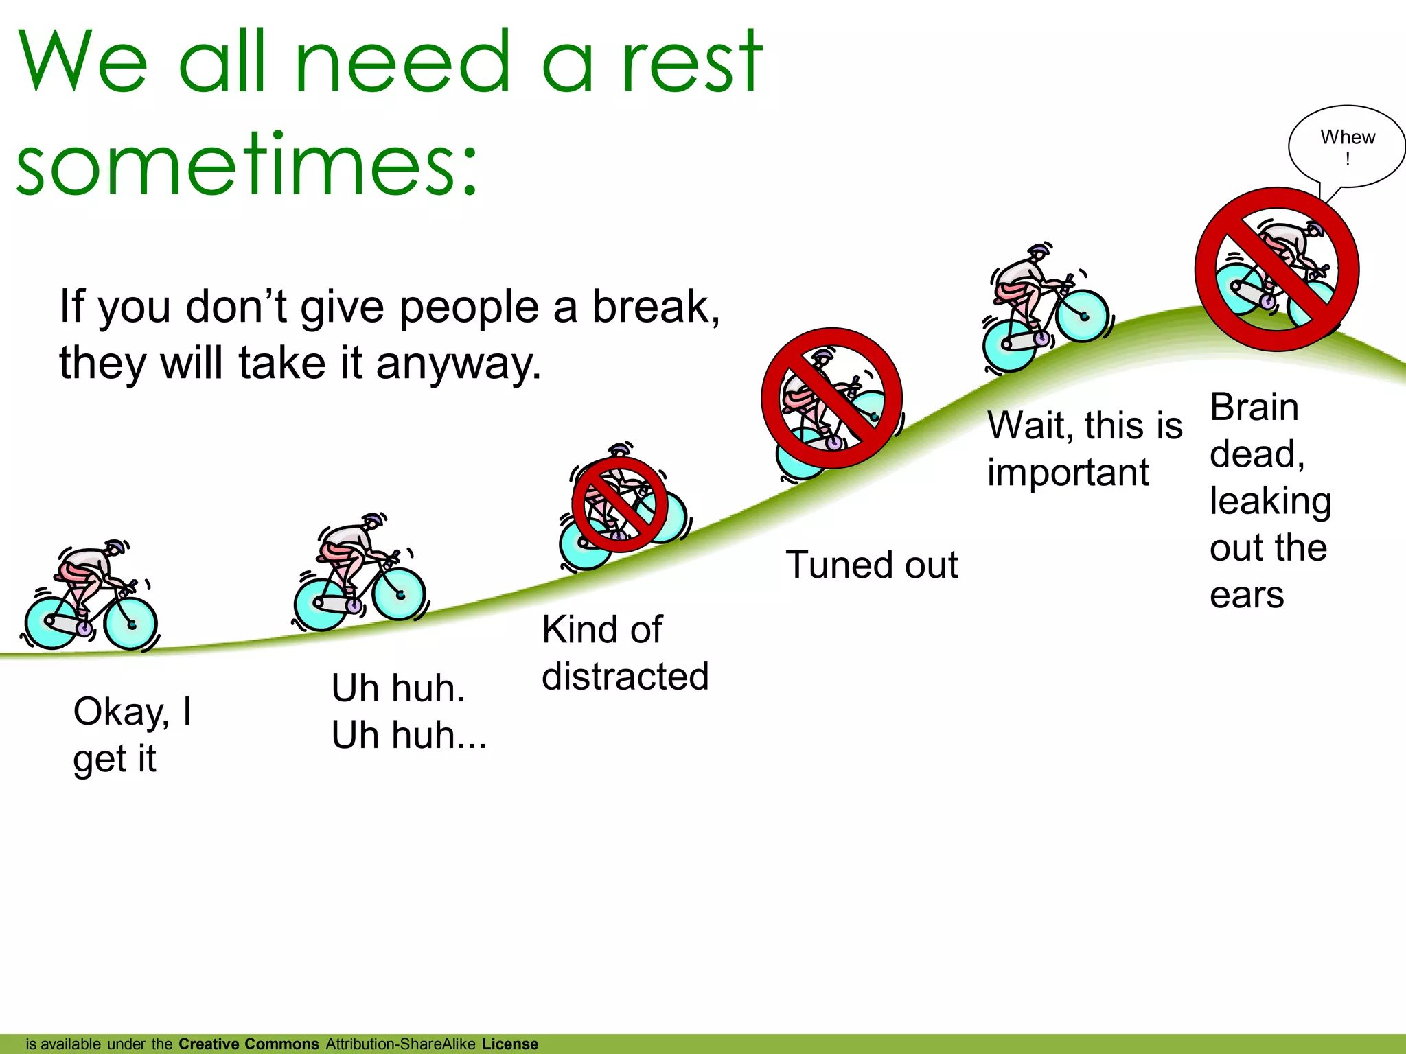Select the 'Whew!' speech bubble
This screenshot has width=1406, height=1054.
click(x=1347, y=146)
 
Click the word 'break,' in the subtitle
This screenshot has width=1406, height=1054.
click(x=656, y=307)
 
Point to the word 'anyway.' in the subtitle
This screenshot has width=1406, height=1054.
click(x=458, y=364)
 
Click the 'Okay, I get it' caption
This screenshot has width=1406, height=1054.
click(x=132, y=734)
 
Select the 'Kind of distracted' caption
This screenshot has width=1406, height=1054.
click(x=624, y=653)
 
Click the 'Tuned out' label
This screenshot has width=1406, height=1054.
click(x=871, y=565)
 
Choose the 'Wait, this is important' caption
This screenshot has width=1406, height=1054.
click(x=1084, y=448)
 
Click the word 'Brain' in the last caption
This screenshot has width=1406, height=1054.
click(x=1254, y=408)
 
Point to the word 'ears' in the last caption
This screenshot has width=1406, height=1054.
click(x=1246, y=594)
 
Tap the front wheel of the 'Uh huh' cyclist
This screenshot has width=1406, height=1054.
click(x=400, y=594)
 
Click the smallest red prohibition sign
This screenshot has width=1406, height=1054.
click(x=620, y=505)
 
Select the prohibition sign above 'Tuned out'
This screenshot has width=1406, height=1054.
click(x=831, y=398)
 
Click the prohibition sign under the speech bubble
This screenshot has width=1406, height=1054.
click(x=1276, y=269)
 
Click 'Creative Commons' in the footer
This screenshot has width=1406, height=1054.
click(x=249, y=1044)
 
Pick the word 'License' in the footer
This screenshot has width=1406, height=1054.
click(x=509, y=1044)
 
